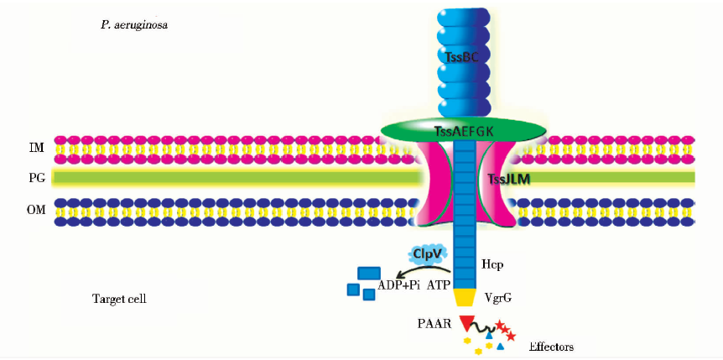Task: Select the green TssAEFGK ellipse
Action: [x=463, y=130]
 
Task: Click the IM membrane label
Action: [x=36, y=148]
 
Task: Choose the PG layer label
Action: [x=36, y=178]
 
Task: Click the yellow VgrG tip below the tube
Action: [x=464, y=297]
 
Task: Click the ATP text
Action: [x=440, y=285]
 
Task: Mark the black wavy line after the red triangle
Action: [x=486, y=327]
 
